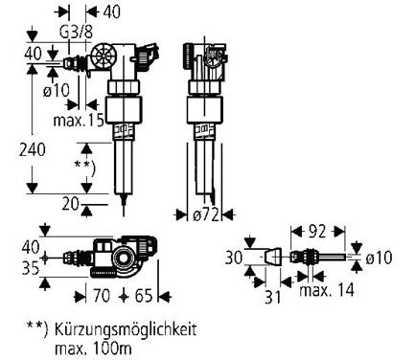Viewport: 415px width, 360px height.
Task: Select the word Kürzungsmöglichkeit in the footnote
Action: pyautogui.click(x=126, y=328)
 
